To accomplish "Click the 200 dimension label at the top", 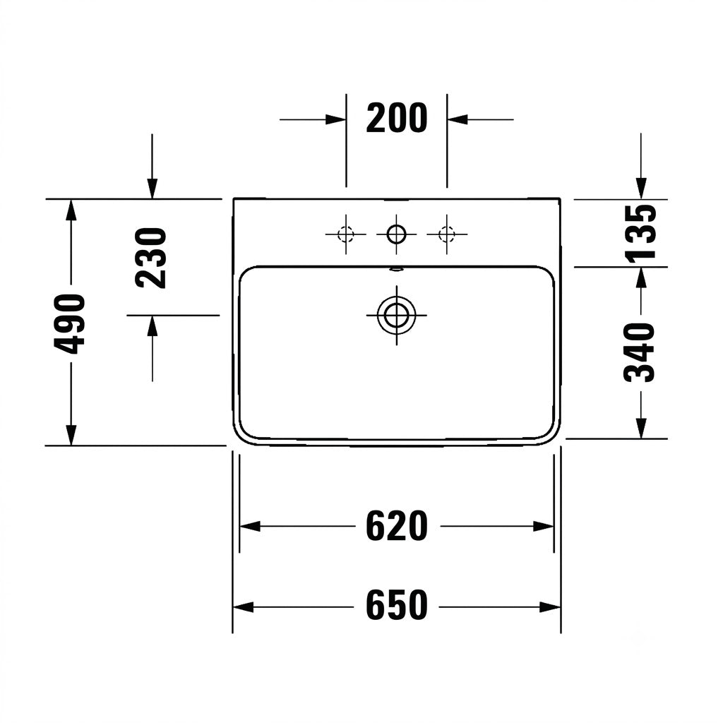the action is (x=397, y=119).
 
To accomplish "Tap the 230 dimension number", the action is (x=151, y=258).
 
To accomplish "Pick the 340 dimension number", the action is (x=640, y=352).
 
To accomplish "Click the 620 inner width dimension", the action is (x=397, y=526).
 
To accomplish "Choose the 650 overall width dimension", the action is (x=397, y=605).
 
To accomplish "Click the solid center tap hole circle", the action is (x=396, y=234).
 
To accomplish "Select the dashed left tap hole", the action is (x=346, y=234).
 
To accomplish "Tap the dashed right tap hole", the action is (x=446, y=234).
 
